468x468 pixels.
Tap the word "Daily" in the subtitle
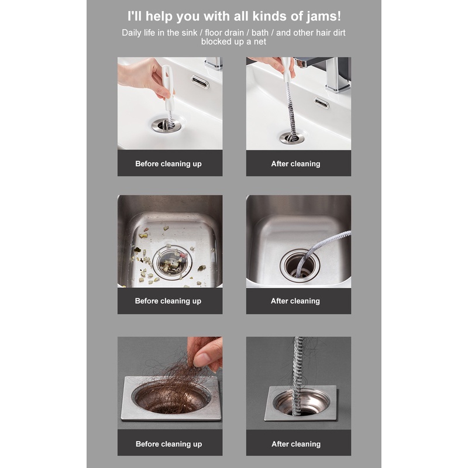click(131, 33)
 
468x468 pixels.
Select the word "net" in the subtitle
click(260, 42)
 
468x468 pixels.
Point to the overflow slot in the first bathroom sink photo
click(200, 82)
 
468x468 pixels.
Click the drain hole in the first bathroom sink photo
click(166, 125)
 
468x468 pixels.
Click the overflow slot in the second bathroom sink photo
click(322, 103)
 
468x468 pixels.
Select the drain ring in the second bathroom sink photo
click(291, 137)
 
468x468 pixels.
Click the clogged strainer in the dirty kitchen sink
click(172, 263)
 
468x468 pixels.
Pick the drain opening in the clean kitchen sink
click(300, 265)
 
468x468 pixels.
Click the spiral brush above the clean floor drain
click(298, 376)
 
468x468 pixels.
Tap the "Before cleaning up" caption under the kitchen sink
click(168, 301)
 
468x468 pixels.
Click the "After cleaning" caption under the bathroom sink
click(295, 164)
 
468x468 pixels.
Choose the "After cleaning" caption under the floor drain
click(296, 444)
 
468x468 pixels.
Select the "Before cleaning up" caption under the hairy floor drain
click(169, 444)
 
